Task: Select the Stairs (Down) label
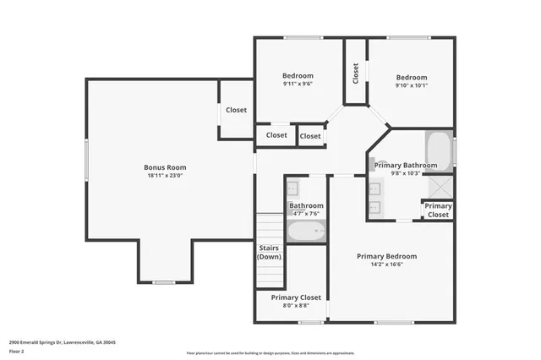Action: tap(269, 252)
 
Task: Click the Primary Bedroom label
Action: tap(386, 256)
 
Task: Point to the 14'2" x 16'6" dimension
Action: tap(386, 265)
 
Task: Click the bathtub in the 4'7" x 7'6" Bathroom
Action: tap(305, 232)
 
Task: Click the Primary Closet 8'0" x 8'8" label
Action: tap(296, 297)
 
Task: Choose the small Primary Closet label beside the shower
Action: tap(438, 210)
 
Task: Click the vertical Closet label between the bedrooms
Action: tap(356, 74)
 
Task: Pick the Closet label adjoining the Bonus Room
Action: tap(236, 110)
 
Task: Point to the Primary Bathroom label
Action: tap(412, 165)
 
